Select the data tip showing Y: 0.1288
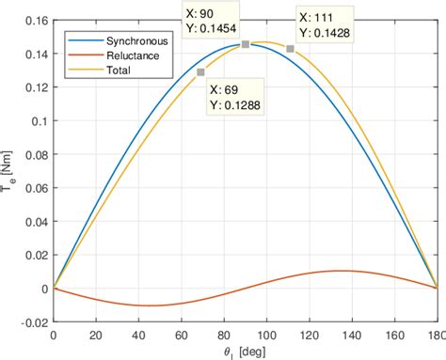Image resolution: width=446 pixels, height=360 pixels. tap(236, 98)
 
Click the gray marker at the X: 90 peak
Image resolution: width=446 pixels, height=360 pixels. tap(246, 44)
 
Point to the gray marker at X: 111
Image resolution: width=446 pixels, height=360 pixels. tap(290, 48)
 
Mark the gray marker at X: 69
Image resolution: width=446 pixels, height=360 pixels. tap(200, 72)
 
